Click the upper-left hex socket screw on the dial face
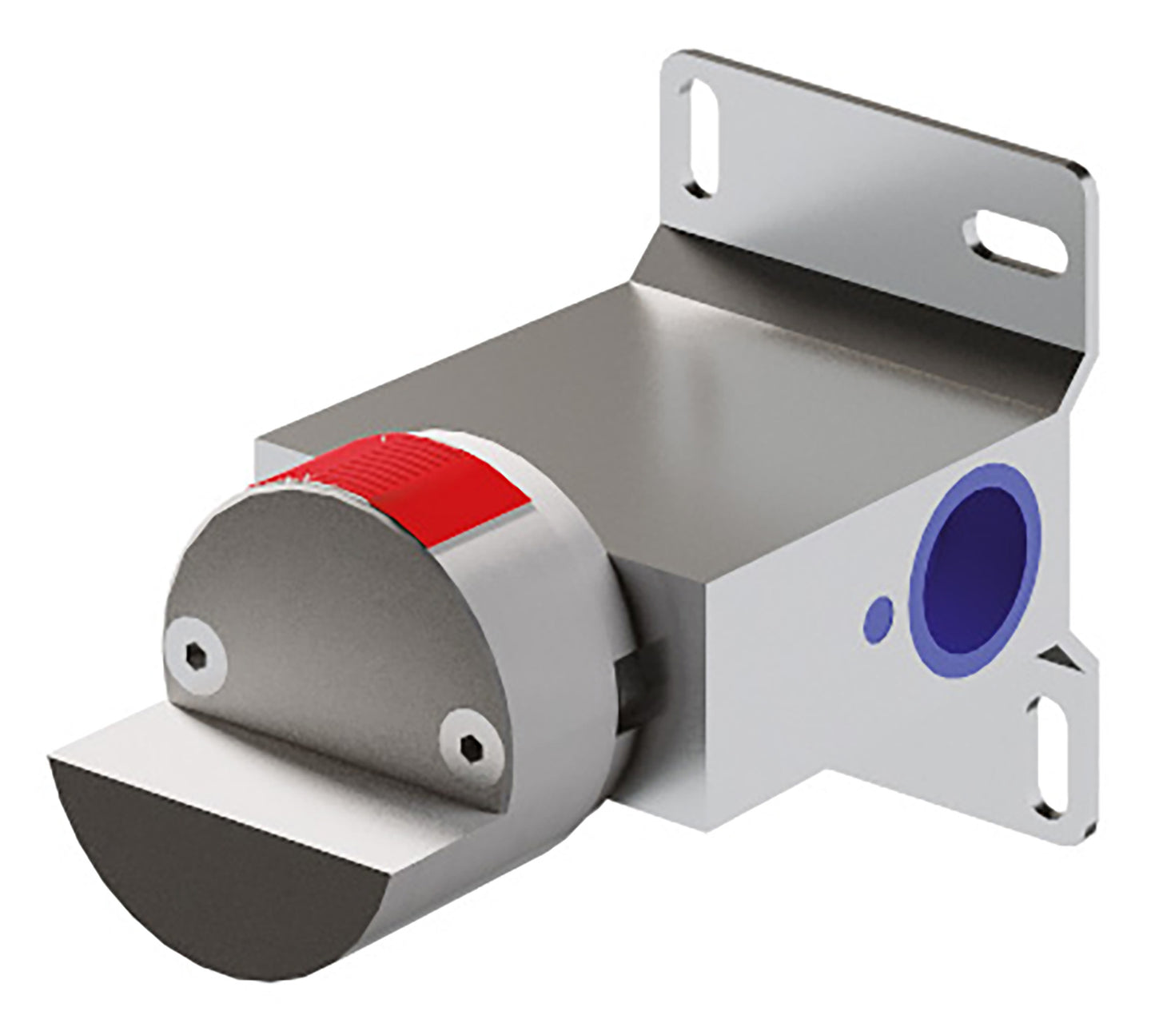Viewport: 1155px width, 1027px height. pyautogui.click(x=195, y=656)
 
